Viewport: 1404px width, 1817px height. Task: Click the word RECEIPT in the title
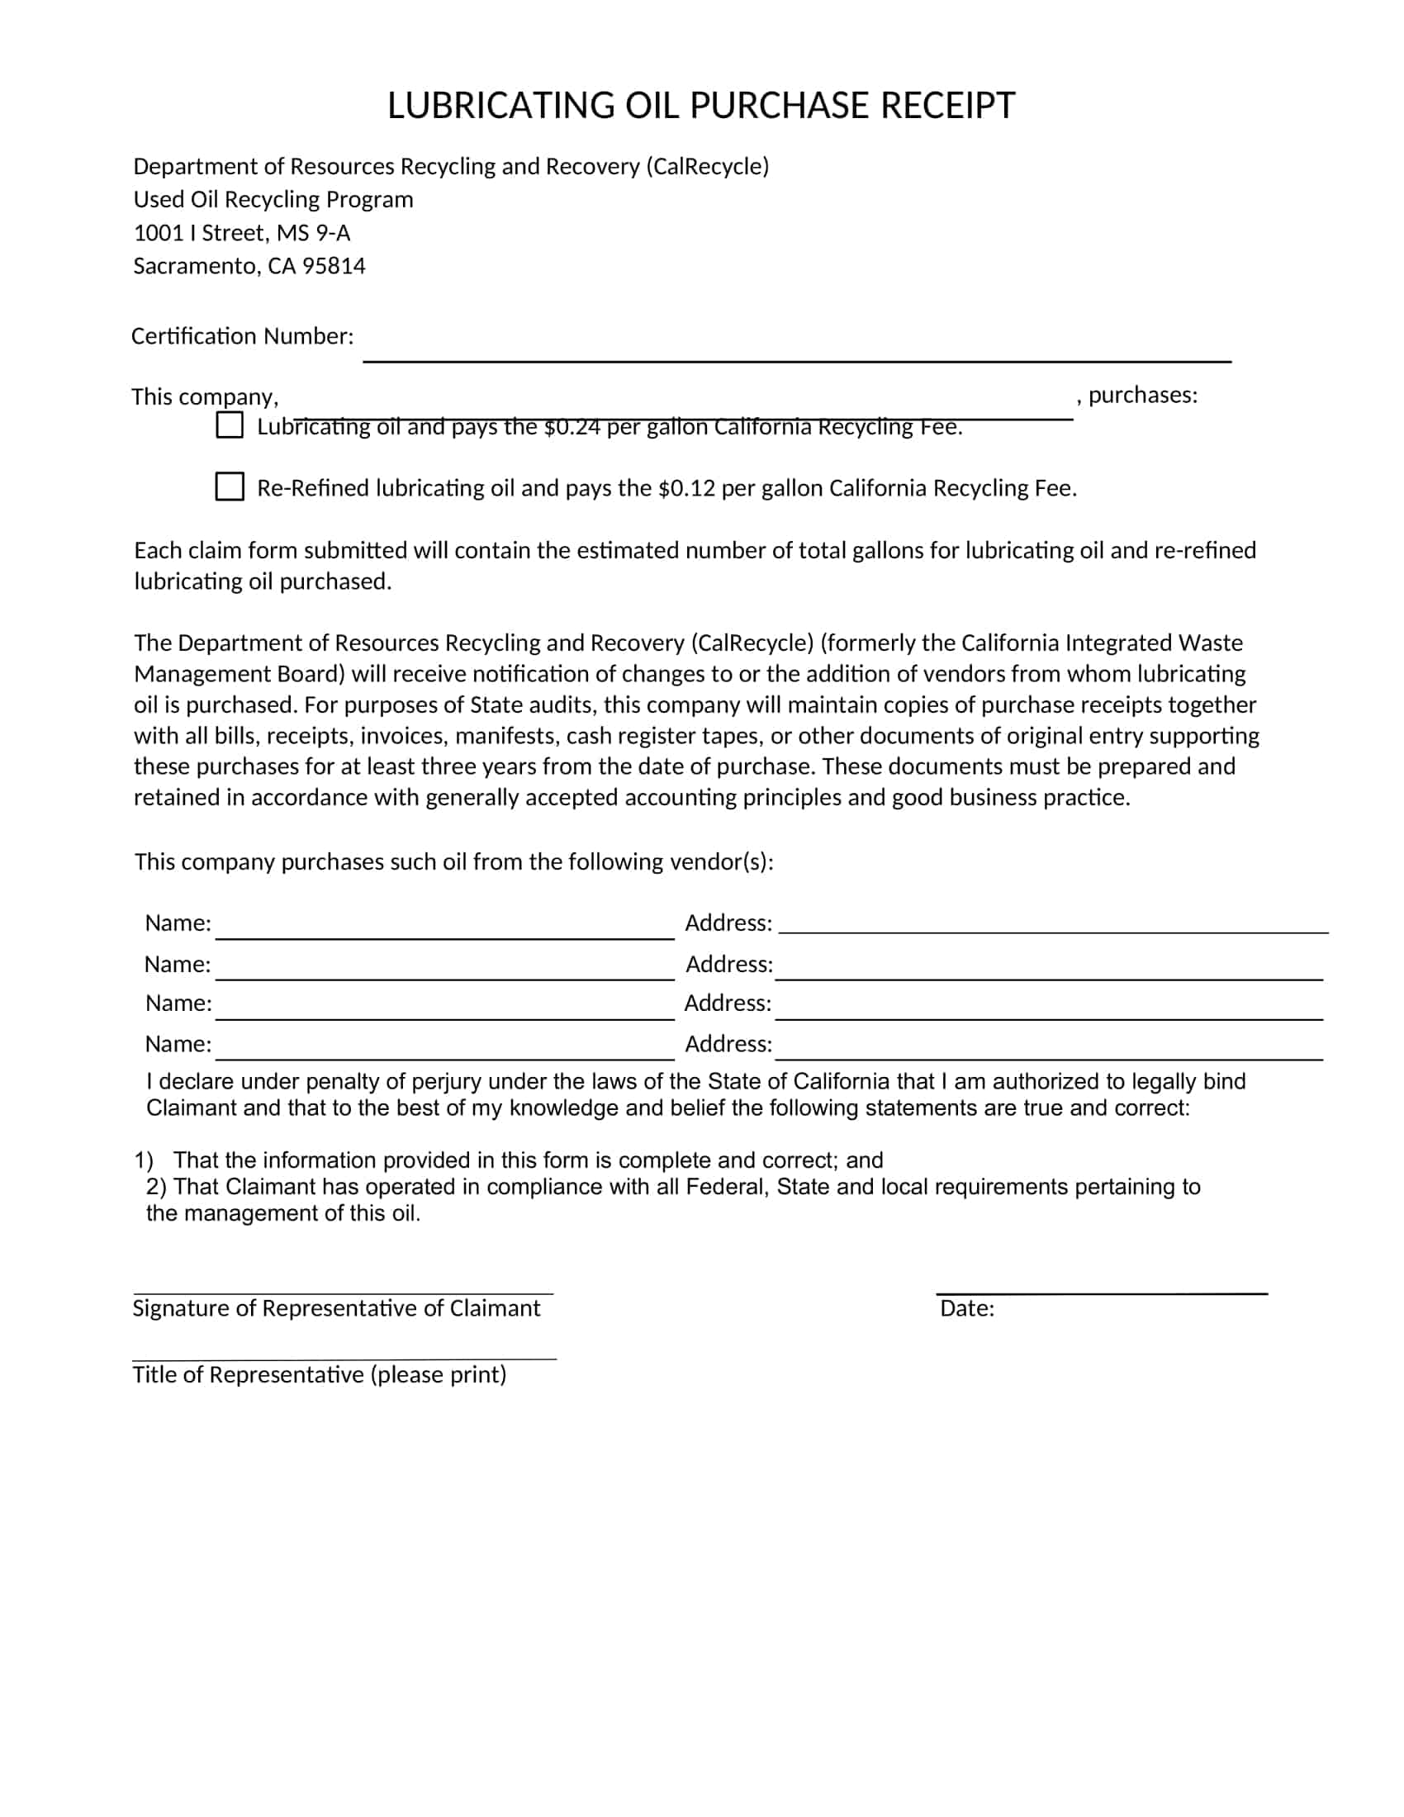point(946,106)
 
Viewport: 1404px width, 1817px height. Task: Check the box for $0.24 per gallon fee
point(230,425)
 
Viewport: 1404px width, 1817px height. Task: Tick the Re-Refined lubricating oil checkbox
point(230,486)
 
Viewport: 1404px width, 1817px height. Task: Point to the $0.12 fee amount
point(686,488)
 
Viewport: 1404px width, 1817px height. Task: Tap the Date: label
point(966,1309)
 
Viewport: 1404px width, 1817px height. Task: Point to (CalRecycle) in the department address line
point(707,166)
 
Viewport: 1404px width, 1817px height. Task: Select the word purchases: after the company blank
point(1143,395)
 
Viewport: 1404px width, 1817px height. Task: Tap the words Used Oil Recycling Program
point(273,200)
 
